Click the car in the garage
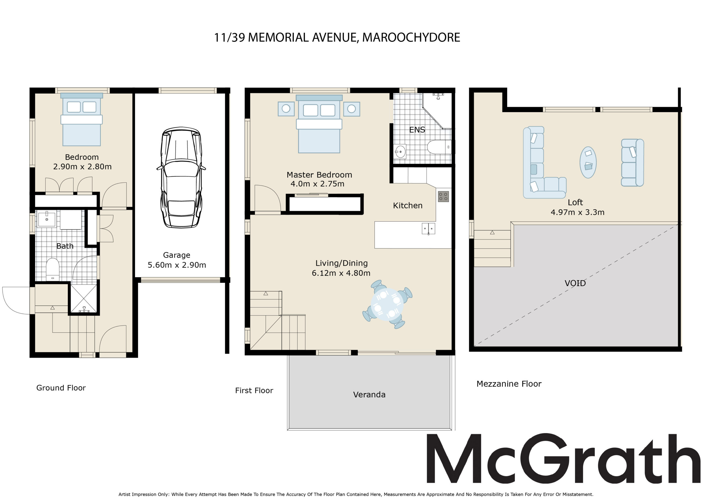click(x=181, y=177)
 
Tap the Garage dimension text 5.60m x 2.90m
click(x=177, y=265)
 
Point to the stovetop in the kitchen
click(x=443, y=197)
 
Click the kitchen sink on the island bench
click(x=428, y=229)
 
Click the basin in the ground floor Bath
click(x=46, y=219)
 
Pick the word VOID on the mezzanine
click(x=575, y=283)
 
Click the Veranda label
click(x=369, y=394)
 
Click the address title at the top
click(x=337, y=37)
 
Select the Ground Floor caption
click(x=61, y=388)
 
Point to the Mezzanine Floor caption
click(x=509, y=384)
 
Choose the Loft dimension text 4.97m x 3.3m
click(x=577, y=212)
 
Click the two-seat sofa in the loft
click(x=632, y=163)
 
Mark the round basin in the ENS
click(x=400, y=152)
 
